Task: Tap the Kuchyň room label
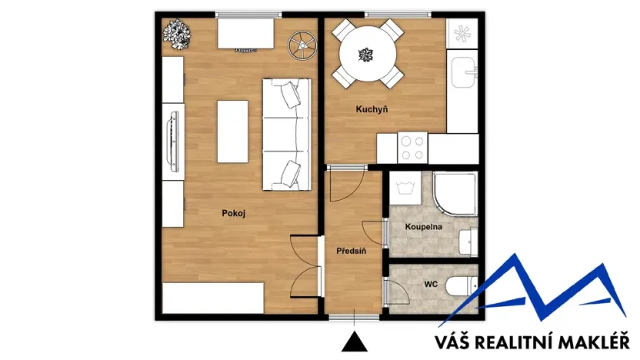(x=371, y=110)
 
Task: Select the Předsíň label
(x=351, y=251)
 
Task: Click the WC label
(x=431, y=284)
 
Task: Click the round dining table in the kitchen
(x=366, y=54)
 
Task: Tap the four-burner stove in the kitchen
(x=412, y=147)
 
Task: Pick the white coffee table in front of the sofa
(x=232, y=132)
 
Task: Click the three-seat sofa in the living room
(x=286, y=134)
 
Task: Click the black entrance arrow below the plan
(x=353, y=342)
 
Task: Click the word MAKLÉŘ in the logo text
(x=594, y=342)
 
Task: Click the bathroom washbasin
(x=468, y=241)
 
